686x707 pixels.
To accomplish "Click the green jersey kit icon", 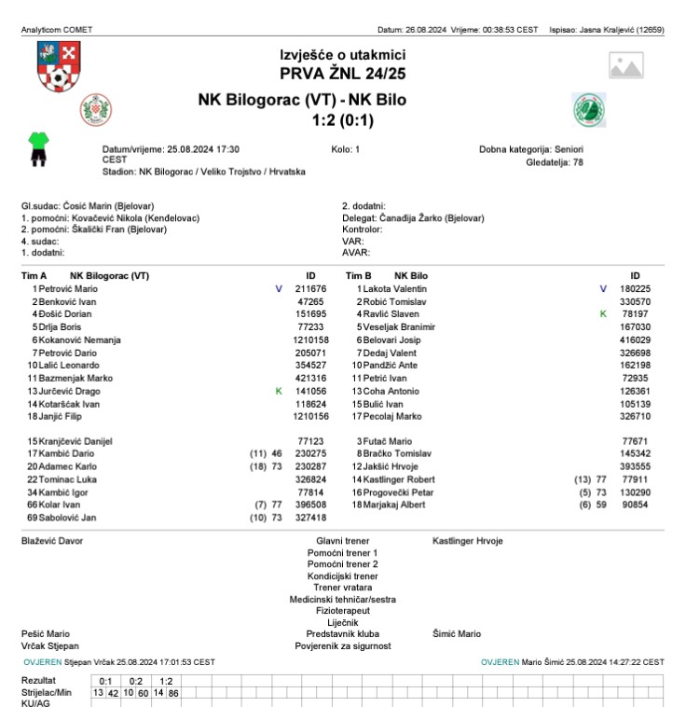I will (39, 149).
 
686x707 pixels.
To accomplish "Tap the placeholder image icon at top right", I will (626, 65).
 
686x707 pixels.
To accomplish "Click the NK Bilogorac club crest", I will (96, 109).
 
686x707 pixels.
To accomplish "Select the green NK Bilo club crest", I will (589, 109).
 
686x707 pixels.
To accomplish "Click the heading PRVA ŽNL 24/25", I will (342, 73).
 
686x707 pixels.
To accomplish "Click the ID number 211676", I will (310, 289).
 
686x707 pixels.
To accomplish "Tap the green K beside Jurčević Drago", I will (279, 392).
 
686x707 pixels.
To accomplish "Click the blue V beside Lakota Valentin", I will (603, 289).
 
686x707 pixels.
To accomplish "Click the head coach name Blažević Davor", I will (51, 541).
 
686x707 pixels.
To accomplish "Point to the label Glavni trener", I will (342, 541).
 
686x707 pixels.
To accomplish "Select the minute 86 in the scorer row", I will (173, 694).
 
